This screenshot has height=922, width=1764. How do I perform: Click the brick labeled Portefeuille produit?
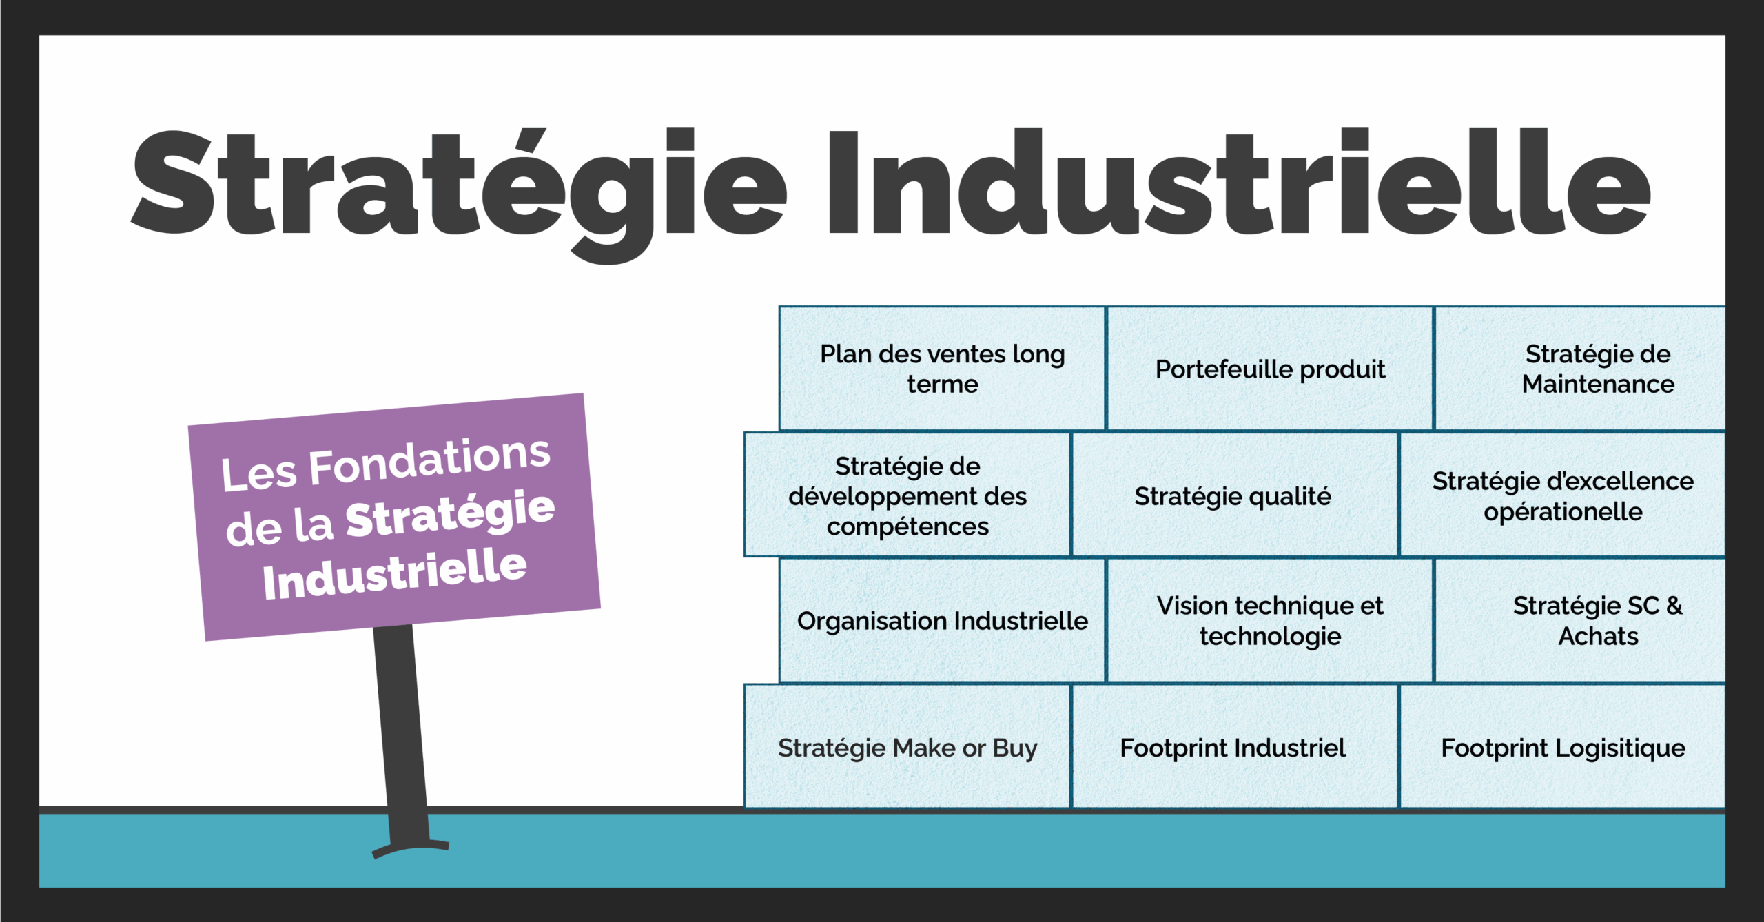point(1270,369)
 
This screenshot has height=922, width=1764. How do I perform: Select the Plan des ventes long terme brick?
point(942,369)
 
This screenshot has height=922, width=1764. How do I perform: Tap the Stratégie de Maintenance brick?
point(1581,369)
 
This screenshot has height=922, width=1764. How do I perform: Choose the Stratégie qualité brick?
point(1235,495)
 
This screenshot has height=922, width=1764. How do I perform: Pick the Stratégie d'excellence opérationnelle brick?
point(1563,495)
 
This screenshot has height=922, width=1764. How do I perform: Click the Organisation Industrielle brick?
point(942,620)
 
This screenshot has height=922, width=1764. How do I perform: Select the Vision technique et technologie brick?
point(1270,620)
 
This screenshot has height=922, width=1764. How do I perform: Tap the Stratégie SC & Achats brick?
point(1581,620)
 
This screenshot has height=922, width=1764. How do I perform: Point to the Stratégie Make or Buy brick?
point(907,746)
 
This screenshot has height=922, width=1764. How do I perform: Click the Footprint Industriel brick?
point(1235,746)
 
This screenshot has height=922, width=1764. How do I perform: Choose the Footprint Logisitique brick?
point(1563,746)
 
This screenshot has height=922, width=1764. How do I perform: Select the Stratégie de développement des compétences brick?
point(907,495)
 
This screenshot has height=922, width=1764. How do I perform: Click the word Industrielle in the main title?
point(1239,183)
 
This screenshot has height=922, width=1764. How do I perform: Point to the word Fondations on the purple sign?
point(429,461)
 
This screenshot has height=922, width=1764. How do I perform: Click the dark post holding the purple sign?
point(402,734)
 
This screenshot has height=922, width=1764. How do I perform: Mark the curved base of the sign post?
point(411,847)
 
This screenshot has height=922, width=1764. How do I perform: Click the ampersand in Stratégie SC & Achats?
point(1674,606)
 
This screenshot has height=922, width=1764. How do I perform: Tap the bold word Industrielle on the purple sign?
point(395,574)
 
